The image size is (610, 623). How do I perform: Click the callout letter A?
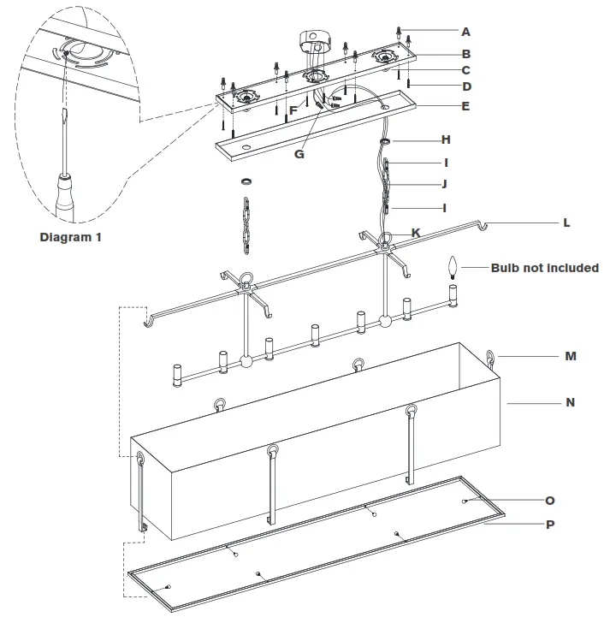coord(465,32)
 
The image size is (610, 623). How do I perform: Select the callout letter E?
coord(465,107)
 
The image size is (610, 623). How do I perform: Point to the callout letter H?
coord(445,139)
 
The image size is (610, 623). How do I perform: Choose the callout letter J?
coord(444,183)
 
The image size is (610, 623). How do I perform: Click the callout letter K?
coord(416,233)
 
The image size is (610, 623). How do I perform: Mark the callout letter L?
coord(566,222)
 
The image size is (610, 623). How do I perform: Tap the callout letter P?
coord(549,524)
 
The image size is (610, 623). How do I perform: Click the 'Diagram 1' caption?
coord(71,237)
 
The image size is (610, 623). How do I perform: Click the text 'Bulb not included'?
coord(544,268)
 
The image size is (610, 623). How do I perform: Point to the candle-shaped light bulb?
coord(453,269)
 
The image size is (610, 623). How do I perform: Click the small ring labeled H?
coord(386,140)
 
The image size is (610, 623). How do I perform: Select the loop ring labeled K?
coord(386,239)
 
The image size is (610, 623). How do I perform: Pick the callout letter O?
coord(549,501)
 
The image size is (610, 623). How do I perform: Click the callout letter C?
coord(465,70)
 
